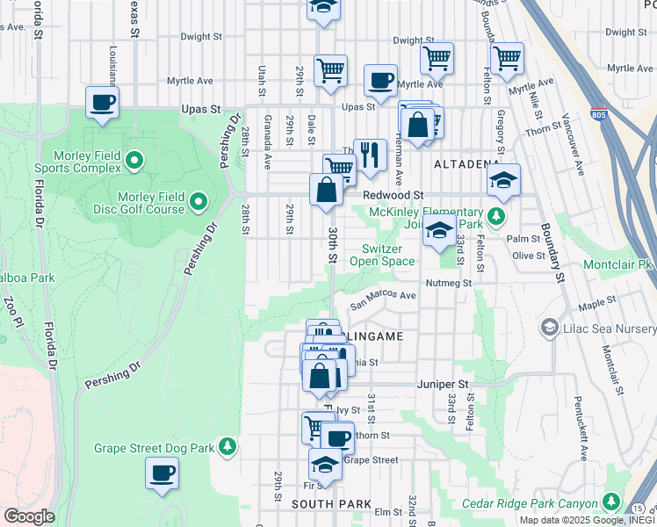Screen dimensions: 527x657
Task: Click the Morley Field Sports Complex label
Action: coord(76,160)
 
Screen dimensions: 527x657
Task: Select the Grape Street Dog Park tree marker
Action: coord(227,448)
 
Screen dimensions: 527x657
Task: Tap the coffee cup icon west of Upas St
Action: coord(103,101)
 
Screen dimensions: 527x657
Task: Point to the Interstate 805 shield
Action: coord(599,114)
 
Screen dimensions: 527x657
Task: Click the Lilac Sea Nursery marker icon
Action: coord(551,328)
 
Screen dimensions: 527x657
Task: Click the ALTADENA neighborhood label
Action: coord(466,164)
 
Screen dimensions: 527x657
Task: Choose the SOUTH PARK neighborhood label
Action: coord(323,503)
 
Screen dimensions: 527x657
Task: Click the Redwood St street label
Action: coord(393,194)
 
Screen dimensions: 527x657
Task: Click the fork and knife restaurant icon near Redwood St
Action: coord(370,155)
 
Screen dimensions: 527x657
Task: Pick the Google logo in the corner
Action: coord(29,516)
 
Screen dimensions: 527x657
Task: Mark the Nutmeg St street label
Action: coord(448,283)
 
